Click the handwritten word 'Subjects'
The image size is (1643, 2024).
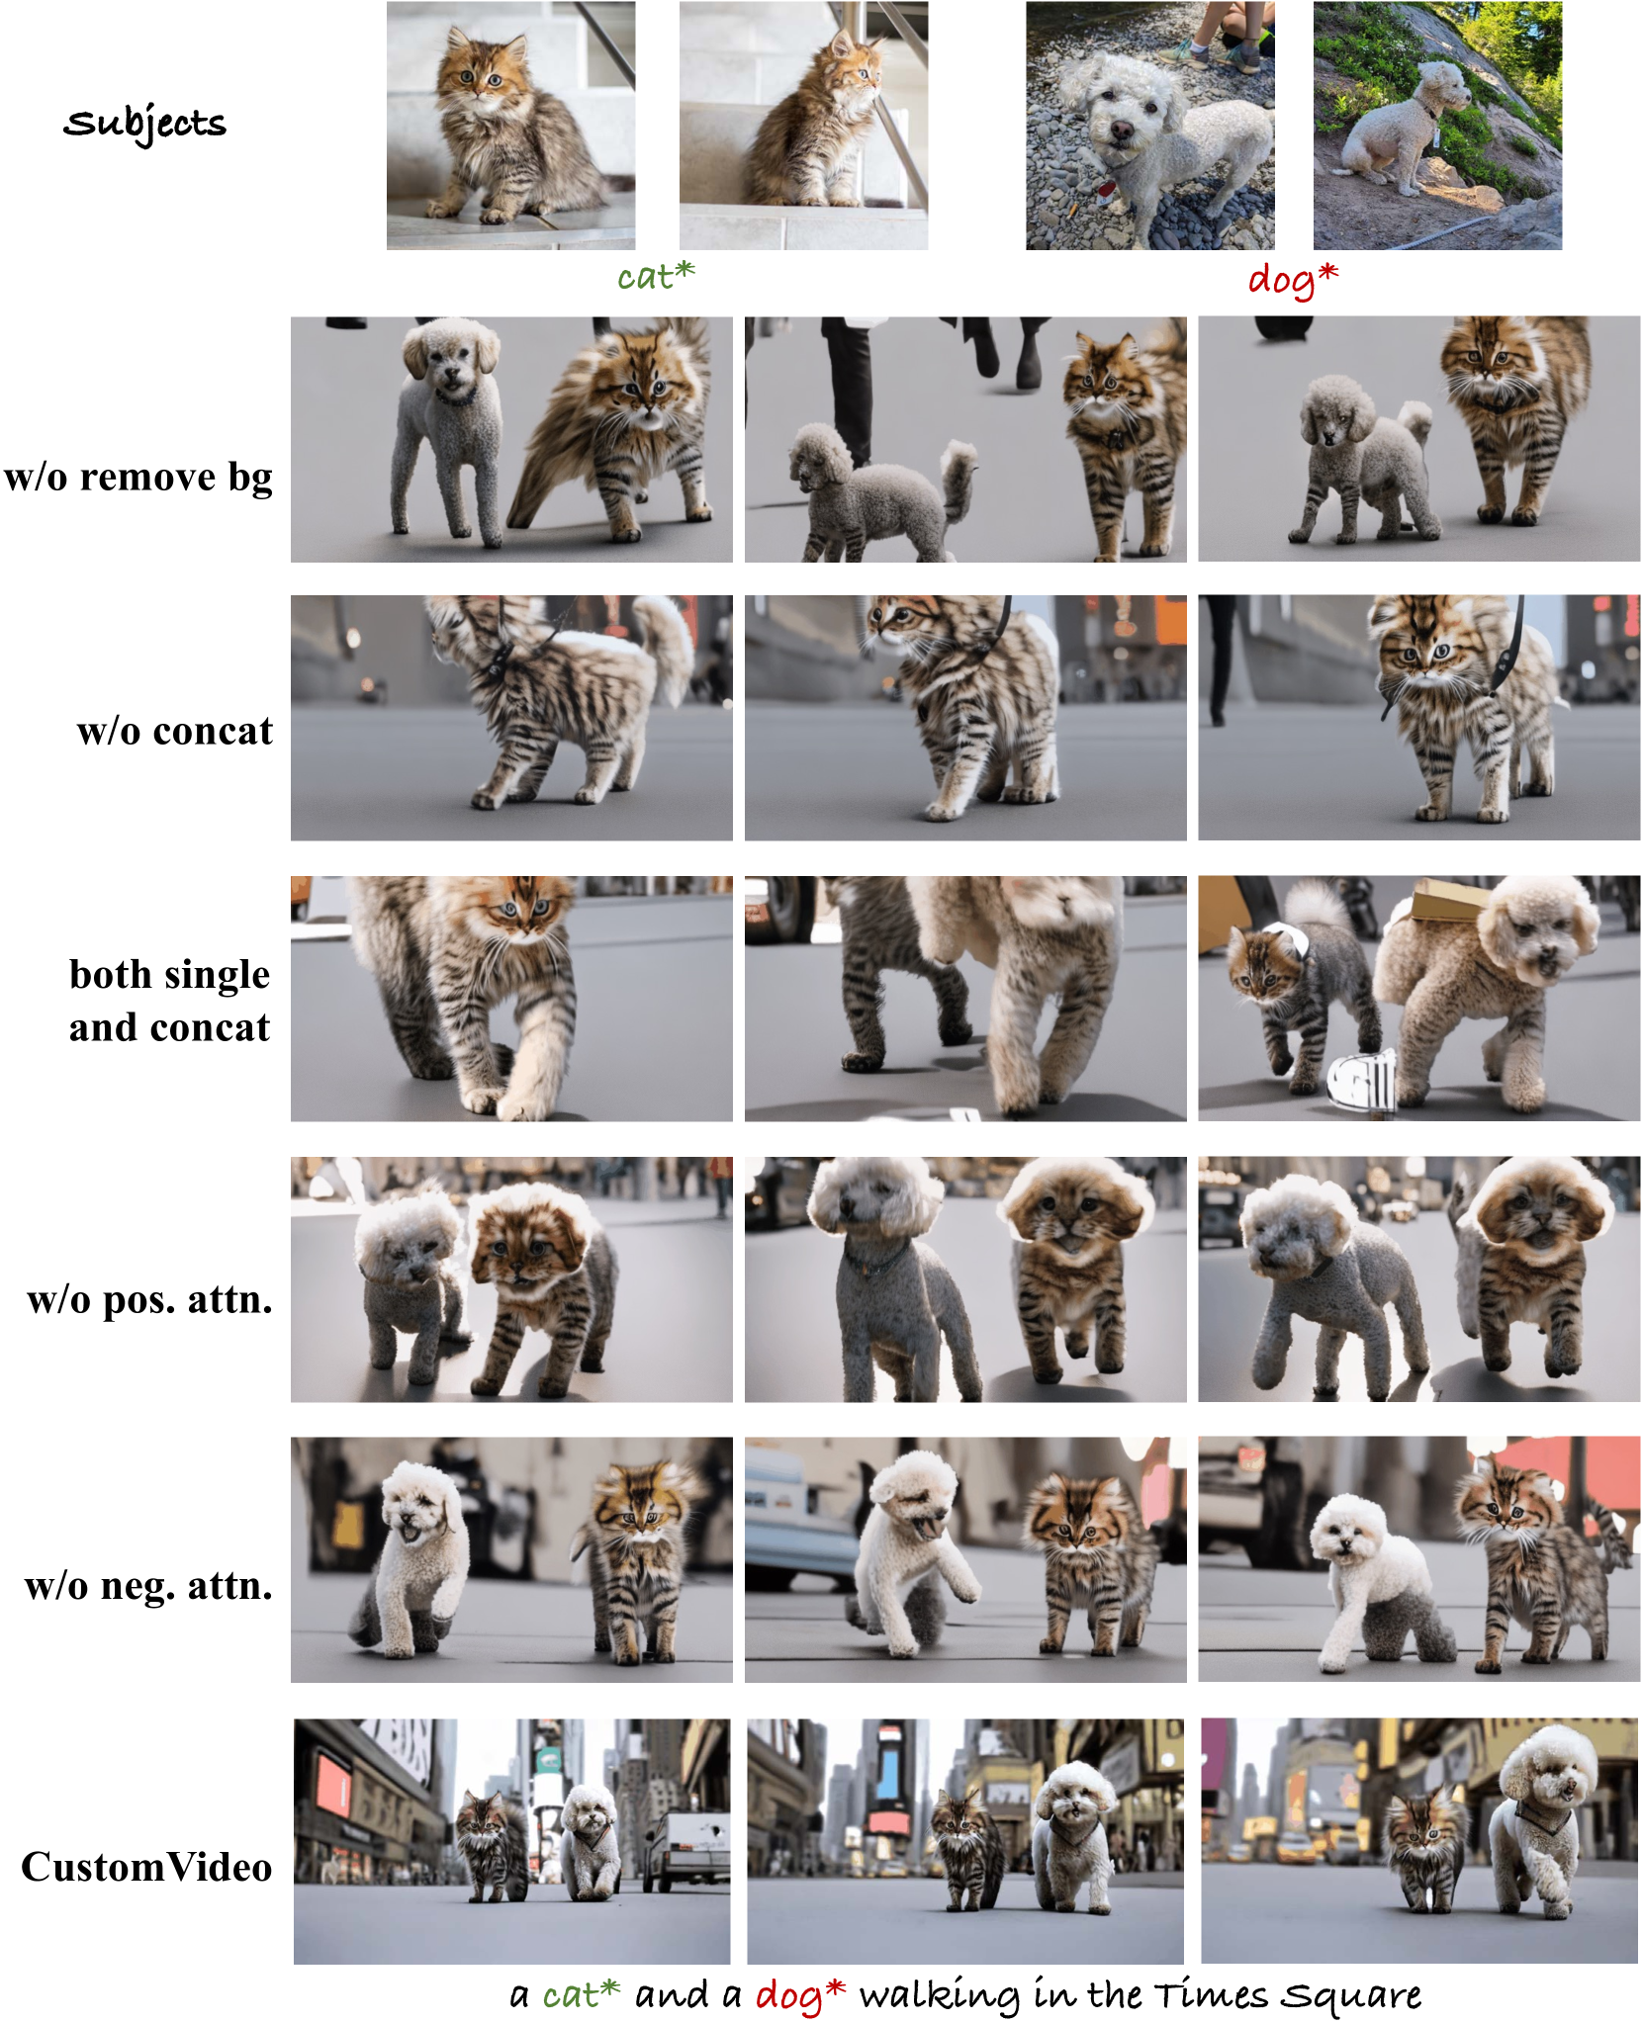click(x=144, y=125)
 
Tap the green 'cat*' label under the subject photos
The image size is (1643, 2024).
click(x=656, y=276)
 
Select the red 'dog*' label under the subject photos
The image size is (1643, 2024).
click(x=1293, y=280)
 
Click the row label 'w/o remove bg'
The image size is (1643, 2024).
click(x=138, y=477)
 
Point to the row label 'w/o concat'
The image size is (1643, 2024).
click(x=175, y=731)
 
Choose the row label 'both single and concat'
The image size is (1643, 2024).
click(x=169, y=1001)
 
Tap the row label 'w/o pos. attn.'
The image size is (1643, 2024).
click(x=149, y=1299)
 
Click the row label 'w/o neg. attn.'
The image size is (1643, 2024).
click(x=148, y=1586)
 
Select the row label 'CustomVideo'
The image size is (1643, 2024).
click(x=146, y=1867)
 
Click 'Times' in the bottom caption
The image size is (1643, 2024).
click(x=1210, y=1995)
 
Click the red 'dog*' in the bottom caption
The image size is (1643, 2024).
click(x=800, y=1996)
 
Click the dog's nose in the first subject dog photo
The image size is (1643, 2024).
click(x=1121, y=131)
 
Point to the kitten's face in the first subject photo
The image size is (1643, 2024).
click(x=482, y=71)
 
